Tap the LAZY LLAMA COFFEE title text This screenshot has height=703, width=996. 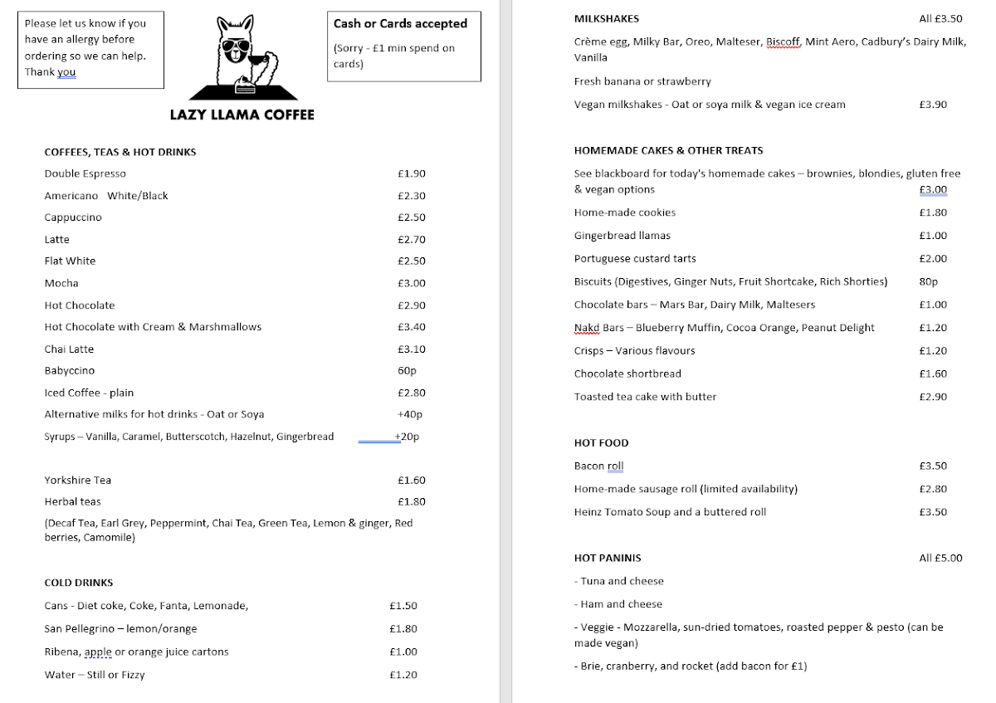(242, 115)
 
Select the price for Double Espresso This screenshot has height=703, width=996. (411, 173)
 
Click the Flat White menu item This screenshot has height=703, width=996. (70, 261)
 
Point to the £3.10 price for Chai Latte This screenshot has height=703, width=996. (411, 349)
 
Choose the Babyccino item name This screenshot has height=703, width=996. (70, 371)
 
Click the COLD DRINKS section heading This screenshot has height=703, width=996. (79, 583)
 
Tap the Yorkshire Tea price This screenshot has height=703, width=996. (411, 481)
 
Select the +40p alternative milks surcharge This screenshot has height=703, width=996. (409, 414)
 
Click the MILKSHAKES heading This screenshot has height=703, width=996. (607, 18)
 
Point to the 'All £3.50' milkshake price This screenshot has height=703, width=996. (940, 18)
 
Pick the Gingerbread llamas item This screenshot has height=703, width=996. (622, 236)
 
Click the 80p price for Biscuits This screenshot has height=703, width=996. (929, 281)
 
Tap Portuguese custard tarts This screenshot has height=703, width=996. (635, 259)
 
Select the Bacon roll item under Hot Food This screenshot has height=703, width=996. (598, 466)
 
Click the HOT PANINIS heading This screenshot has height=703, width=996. (608, 558)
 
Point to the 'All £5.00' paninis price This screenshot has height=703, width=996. (940, 558)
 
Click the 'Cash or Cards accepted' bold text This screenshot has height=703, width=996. (400, 23)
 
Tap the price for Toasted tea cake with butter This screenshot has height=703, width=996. (933, 397)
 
